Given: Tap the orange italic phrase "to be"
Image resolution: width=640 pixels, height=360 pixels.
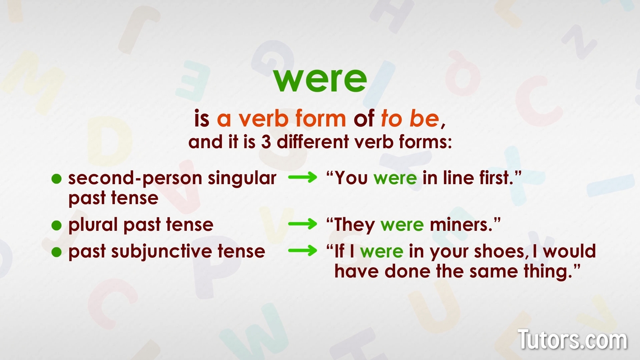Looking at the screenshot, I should [409, 119].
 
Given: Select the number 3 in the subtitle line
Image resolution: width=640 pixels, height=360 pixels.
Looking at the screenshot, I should [265, 142].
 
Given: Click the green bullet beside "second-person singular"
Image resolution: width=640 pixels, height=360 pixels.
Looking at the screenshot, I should [56, 179].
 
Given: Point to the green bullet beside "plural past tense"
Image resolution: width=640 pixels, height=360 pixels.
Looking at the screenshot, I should [56, 225].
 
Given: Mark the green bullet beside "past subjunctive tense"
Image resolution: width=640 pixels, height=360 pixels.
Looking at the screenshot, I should [56, 252].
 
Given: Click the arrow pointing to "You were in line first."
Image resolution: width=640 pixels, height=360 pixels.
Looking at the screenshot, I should [302, 178].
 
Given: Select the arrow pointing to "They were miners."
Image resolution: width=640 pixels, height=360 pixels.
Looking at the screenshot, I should [302, 224].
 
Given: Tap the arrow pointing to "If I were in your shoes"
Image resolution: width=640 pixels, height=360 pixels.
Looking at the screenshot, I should [302, 251].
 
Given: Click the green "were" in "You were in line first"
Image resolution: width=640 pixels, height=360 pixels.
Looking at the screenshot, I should [395, 179].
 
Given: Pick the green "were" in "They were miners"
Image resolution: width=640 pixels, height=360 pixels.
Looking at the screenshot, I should [402, 225].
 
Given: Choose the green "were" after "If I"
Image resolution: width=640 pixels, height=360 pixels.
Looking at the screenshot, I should [382, 252].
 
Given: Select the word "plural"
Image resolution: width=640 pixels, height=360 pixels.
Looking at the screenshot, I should [93, 225].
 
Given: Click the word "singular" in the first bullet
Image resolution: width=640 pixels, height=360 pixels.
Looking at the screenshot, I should [242, 179].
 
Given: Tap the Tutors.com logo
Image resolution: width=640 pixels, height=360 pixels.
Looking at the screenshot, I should [572, 340].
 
